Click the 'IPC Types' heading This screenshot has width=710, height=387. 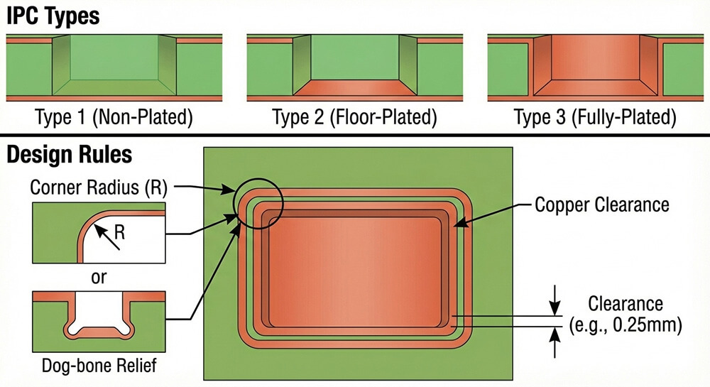(x=53, y=16)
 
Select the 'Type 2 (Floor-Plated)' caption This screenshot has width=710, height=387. (x=354, y=118)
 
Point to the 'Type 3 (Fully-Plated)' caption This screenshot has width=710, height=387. (x=594, y=118)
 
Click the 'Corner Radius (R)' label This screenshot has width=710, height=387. (x=99, y=187)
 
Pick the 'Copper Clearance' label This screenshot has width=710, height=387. (x=602, y=205)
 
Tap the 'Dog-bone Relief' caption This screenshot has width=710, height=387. (x=99, y=366)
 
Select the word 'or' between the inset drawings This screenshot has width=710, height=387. (x=99, y=276)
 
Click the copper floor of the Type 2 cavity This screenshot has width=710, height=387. (x=354, y=89)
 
